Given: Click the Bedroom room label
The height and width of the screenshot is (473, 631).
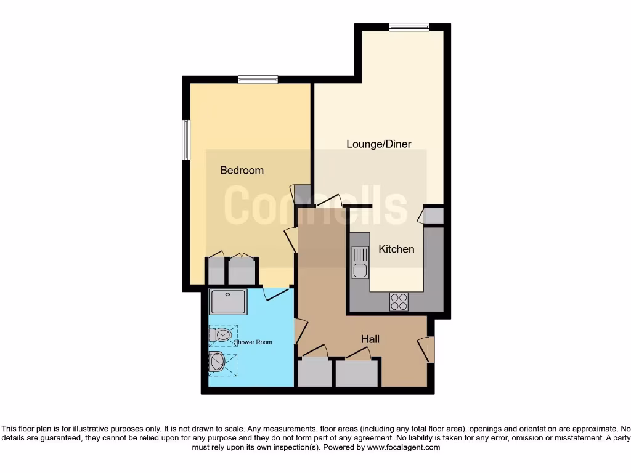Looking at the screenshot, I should click(242, 170).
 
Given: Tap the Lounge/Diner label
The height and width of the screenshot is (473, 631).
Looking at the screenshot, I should click(378, 144).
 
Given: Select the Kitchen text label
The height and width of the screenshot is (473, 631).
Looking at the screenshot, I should click(396, 249).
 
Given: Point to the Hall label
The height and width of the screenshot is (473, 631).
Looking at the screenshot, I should click(370, 339).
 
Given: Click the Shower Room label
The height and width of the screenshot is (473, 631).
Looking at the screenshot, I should click(253, 342).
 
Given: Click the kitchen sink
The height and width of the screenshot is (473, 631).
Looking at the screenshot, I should click(359, 262).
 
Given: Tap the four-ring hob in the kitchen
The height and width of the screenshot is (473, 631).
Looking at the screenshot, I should click(399, 302).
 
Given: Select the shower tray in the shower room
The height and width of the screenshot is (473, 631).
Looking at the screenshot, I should click(228, 302).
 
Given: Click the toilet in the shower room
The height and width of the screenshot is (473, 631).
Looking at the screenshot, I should click(221, 335).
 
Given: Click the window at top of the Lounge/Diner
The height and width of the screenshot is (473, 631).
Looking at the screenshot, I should click(409, 26).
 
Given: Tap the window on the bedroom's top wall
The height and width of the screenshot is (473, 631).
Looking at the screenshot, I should click(258, 79).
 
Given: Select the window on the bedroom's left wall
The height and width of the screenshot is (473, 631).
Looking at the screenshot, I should click(185, 140).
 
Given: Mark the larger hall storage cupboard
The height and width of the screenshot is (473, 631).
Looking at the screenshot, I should click(356, 373).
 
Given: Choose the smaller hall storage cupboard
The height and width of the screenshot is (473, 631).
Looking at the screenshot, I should click(314, 373).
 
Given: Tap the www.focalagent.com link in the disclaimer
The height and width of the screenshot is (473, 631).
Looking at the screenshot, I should click(404, 447).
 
